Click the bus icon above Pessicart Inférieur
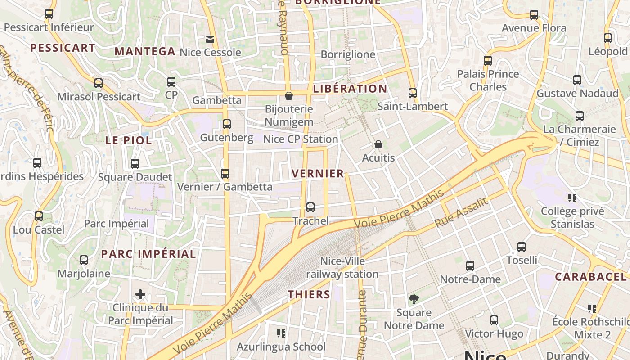[49, 14]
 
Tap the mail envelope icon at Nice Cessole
[210, 40]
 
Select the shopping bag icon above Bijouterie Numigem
[289, 96]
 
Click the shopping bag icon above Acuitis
[378, 144]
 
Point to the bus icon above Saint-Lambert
[413, 93]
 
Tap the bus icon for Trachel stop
[310, 207]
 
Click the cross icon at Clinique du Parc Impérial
[140, 295]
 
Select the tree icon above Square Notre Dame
[414, 299]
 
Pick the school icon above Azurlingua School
[281, 333]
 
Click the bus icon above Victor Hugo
[494, 320]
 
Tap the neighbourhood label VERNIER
[318, 174]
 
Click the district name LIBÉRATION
[350, 89]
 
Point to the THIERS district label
[309, 295]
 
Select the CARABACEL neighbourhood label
[590, 277]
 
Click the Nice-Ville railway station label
[342, 267]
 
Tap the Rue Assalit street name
[461, 212]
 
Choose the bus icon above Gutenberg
[227, 124]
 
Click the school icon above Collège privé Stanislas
[572, 198]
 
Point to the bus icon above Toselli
[522, 247]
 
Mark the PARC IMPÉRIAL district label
[148, 254]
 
